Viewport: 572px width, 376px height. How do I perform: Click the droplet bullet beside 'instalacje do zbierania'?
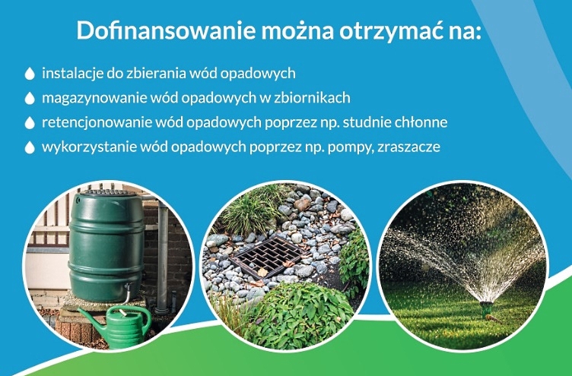30,73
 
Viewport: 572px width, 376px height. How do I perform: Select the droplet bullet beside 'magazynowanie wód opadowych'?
30,98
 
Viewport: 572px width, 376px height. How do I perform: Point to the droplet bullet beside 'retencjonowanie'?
30,123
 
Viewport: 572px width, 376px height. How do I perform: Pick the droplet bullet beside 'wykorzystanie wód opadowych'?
30,147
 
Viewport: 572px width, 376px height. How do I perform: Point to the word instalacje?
73,74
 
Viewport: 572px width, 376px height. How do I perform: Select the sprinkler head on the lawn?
485,308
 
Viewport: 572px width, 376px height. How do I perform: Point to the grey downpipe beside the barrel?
162,255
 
